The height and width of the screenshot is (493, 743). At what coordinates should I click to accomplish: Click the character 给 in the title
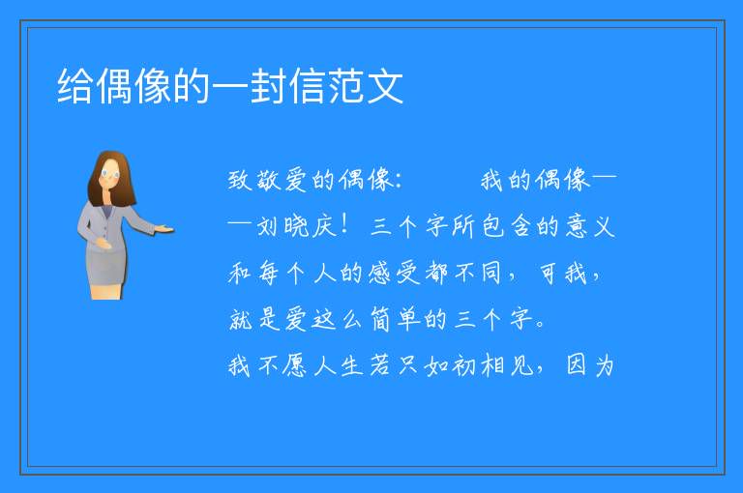tap(75, 86)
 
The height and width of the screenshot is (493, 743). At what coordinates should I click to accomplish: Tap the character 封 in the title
tap(269, 86)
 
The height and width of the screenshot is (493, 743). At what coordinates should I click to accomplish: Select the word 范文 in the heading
tap(366, 86)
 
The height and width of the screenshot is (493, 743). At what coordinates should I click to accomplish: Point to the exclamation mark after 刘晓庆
tap(345, 224)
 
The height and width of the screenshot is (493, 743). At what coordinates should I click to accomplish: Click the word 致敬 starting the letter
tap(255, 181)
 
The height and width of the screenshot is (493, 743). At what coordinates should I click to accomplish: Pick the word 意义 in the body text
tap(590, 226)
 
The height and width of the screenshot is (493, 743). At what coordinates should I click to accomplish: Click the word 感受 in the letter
tap(395, 274)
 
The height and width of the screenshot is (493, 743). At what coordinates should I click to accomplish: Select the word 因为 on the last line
tap(590, 365)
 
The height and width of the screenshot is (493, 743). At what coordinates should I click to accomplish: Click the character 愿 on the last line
tap(295, 365)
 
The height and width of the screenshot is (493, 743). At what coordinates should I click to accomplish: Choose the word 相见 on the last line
tap(507, 365)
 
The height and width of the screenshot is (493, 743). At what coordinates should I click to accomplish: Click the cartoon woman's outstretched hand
tap(163, 230)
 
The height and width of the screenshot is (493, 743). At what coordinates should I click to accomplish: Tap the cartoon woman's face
tap(110, 174)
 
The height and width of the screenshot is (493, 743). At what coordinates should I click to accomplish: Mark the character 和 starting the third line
tap(240, 274)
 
